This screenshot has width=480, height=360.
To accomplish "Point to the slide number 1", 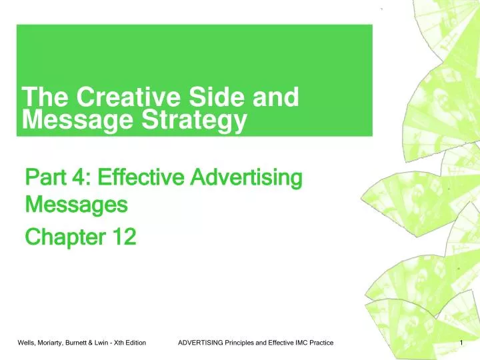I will tap(462, 343).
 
